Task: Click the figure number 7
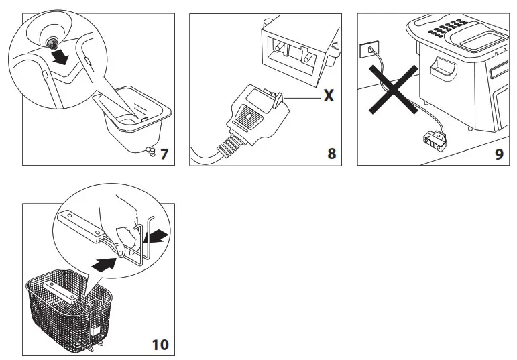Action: (x=164, y=154)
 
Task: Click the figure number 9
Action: (x=498, y=154)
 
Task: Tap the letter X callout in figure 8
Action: (x=329, y=95)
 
